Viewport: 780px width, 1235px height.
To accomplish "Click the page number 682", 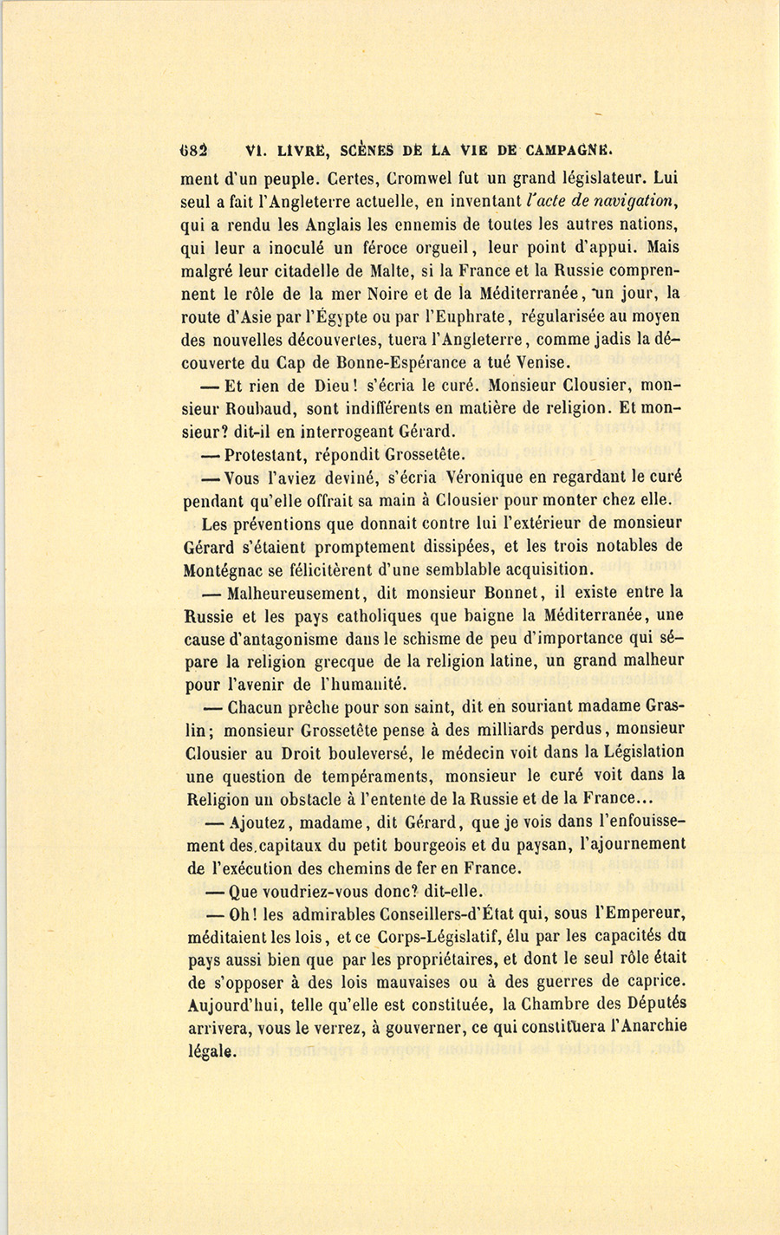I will tap(198, 148).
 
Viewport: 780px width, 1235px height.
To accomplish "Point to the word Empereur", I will tap(643, 914).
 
